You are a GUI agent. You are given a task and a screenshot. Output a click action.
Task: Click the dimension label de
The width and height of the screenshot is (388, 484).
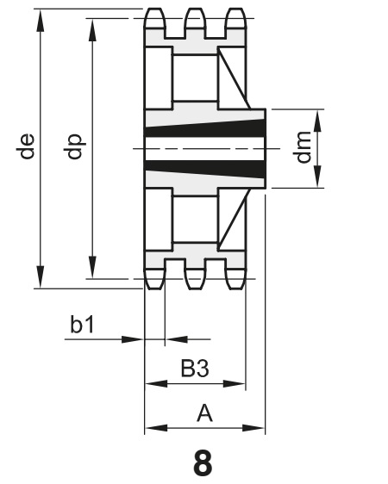pyautogui.click(x=25, y=146)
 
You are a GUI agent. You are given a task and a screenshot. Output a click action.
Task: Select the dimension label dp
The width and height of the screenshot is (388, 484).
pyautogui.click(x=74, y=146)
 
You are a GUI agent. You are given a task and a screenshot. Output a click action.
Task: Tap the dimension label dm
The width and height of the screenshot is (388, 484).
pyautogui.click(x=303, y=147)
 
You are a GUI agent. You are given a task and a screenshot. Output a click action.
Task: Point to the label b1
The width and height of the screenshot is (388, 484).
pyautogui.click(x=82, y=325)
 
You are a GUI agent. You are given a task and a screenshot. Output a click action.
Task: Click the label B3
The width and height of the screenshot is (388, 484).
pyautogui.click(x=195, y=369)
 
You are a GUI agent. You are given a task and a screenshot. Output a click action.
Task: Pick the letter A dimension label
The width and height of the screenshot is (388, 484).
pyautogui.click(x=204, y=413)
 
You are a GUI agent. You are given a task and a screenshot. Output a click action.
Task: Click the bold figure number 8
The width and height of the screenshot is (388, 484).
pyautogui.click(x=203, y=462)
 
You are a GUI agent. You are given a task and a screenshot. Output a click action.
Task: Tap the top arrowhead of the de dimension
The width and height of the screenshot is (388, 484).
pyautogui.click(x=41, y=20)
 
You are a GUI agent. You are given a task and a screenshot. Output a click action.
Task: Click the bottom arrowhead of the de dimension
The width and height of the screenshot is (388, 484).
pyautogui.click(x=41, y=277)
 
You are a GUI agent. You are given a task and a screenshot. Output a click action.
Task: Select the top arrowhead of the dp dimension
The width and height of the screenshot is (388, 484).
pyautogui.click(x=92, y=29)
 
